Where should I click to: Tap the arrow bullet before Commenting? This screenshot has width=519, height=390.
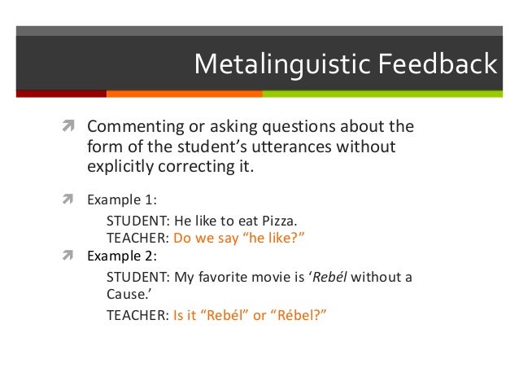click(x=70, y=127)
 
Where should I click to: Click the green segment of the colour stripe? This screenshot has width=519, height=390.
click(x=390, y=94)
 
